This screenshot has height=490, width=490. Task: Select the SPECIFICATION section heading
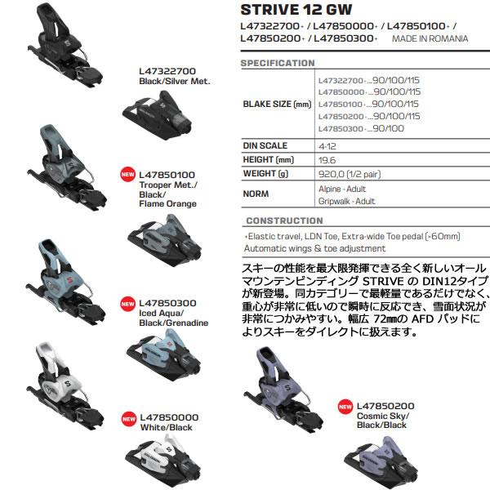[278, 63]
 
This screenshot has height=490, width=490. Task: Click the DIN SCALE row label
[265, 145]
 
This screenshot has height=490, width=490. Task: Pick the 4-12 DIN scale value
[327, 145]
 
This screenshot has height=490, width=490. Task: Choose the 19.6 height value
[327, 159]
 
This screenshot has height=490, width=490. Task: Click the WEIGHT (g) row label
[267, 174]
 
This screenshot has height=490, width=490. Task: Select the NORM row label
[257, 194]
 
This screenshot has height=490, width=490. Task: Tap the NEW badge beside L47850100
[127, 174]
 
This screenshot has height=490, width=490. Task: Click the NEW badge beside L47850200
[345, 406]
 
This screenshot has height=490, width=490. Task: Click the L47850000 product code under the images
[169, 416]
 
